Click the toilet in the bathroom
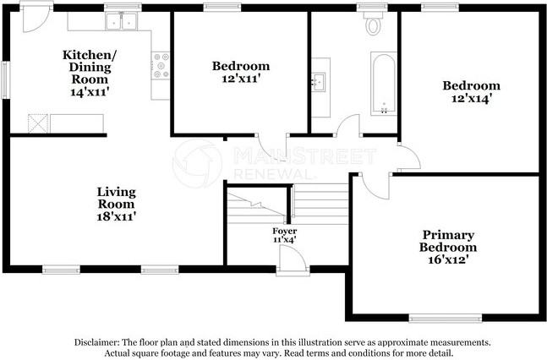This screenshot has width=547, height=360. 373,24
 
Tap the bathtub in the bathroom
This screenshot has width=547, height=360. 384,84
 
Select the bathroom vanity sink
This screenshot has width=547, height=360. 318,82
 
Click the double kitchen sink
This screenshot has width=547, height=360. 122,22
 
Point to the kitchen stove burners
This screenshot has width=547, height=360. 161,65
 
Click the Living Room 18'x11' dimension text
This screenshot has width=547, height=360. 116,216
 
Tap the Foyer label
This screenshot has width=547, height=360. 285,231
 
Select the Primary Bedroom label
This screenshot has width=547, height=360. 448,241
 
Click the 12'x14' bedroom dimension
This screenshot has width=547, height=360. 472,99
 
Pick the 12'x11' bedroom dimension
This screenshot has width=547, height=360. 241,79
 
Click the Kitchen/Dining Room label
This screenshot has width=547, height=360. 90,67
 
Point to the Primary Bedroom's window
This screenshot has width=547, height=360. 446,318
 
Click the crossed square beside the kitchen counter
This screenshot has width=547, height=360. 38,123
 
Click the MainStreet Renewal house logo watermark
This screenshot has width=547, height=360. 197,163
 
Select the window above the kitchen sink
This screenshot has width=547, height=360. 123,7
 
